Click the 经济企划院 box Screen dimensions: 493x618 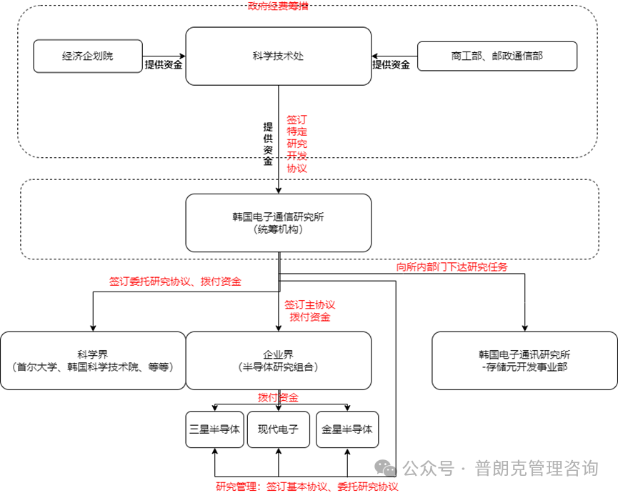[88, 56]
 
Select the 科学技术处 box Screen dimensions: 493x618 [278, 56]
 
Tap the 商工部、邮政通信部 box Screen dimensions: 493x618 [497, 56]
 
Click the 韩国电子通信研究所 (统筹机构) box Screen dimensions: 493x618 [278, 222]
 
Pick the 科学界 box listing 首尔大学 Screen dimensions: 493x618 [93, 360]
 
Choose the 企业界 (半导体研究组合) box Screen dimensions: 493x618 [278, 360]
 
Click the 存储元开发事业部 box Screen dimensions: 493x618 [524, 360]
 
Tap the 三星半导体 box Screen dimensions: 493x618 [214, 429]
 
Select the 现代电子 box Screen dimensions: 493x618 [278, 429]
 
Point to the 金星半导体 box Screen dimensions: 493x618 [347, 429]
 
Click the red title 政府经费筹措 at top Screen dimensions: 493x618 [278, 6]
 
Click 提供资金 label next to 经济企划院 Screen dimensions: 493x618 [164, 64]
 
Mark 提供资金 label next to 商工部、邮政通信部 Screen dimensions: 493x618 [391, 64]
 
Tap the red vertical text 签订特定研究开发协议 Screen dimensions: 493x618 [296, 144]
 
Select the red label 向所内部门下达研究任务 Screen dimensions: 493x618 [452, 267]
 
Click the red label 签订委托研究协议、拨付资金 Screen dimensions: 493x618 [175, 282]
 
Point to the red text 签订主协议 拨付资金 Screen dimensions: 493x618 [309, 311]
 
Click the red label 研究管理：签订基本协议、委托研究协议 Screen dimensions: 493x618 [307, 487]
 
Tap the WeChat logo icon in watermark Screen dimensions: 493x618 [387, 468]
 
